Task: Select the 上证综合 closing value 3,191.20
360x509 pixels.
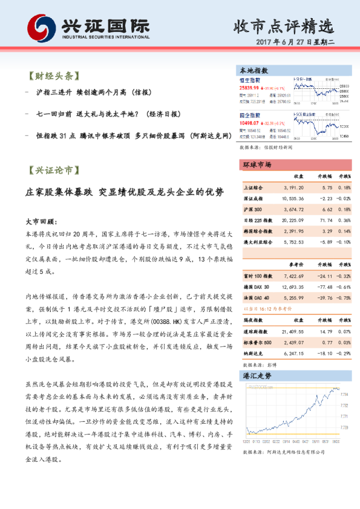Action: pos(294,188)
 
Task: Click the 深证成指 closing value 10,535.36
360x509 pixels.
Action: pos(293,199)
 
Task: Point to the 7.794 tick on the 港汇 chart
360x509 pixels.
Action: pos(344,394)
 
